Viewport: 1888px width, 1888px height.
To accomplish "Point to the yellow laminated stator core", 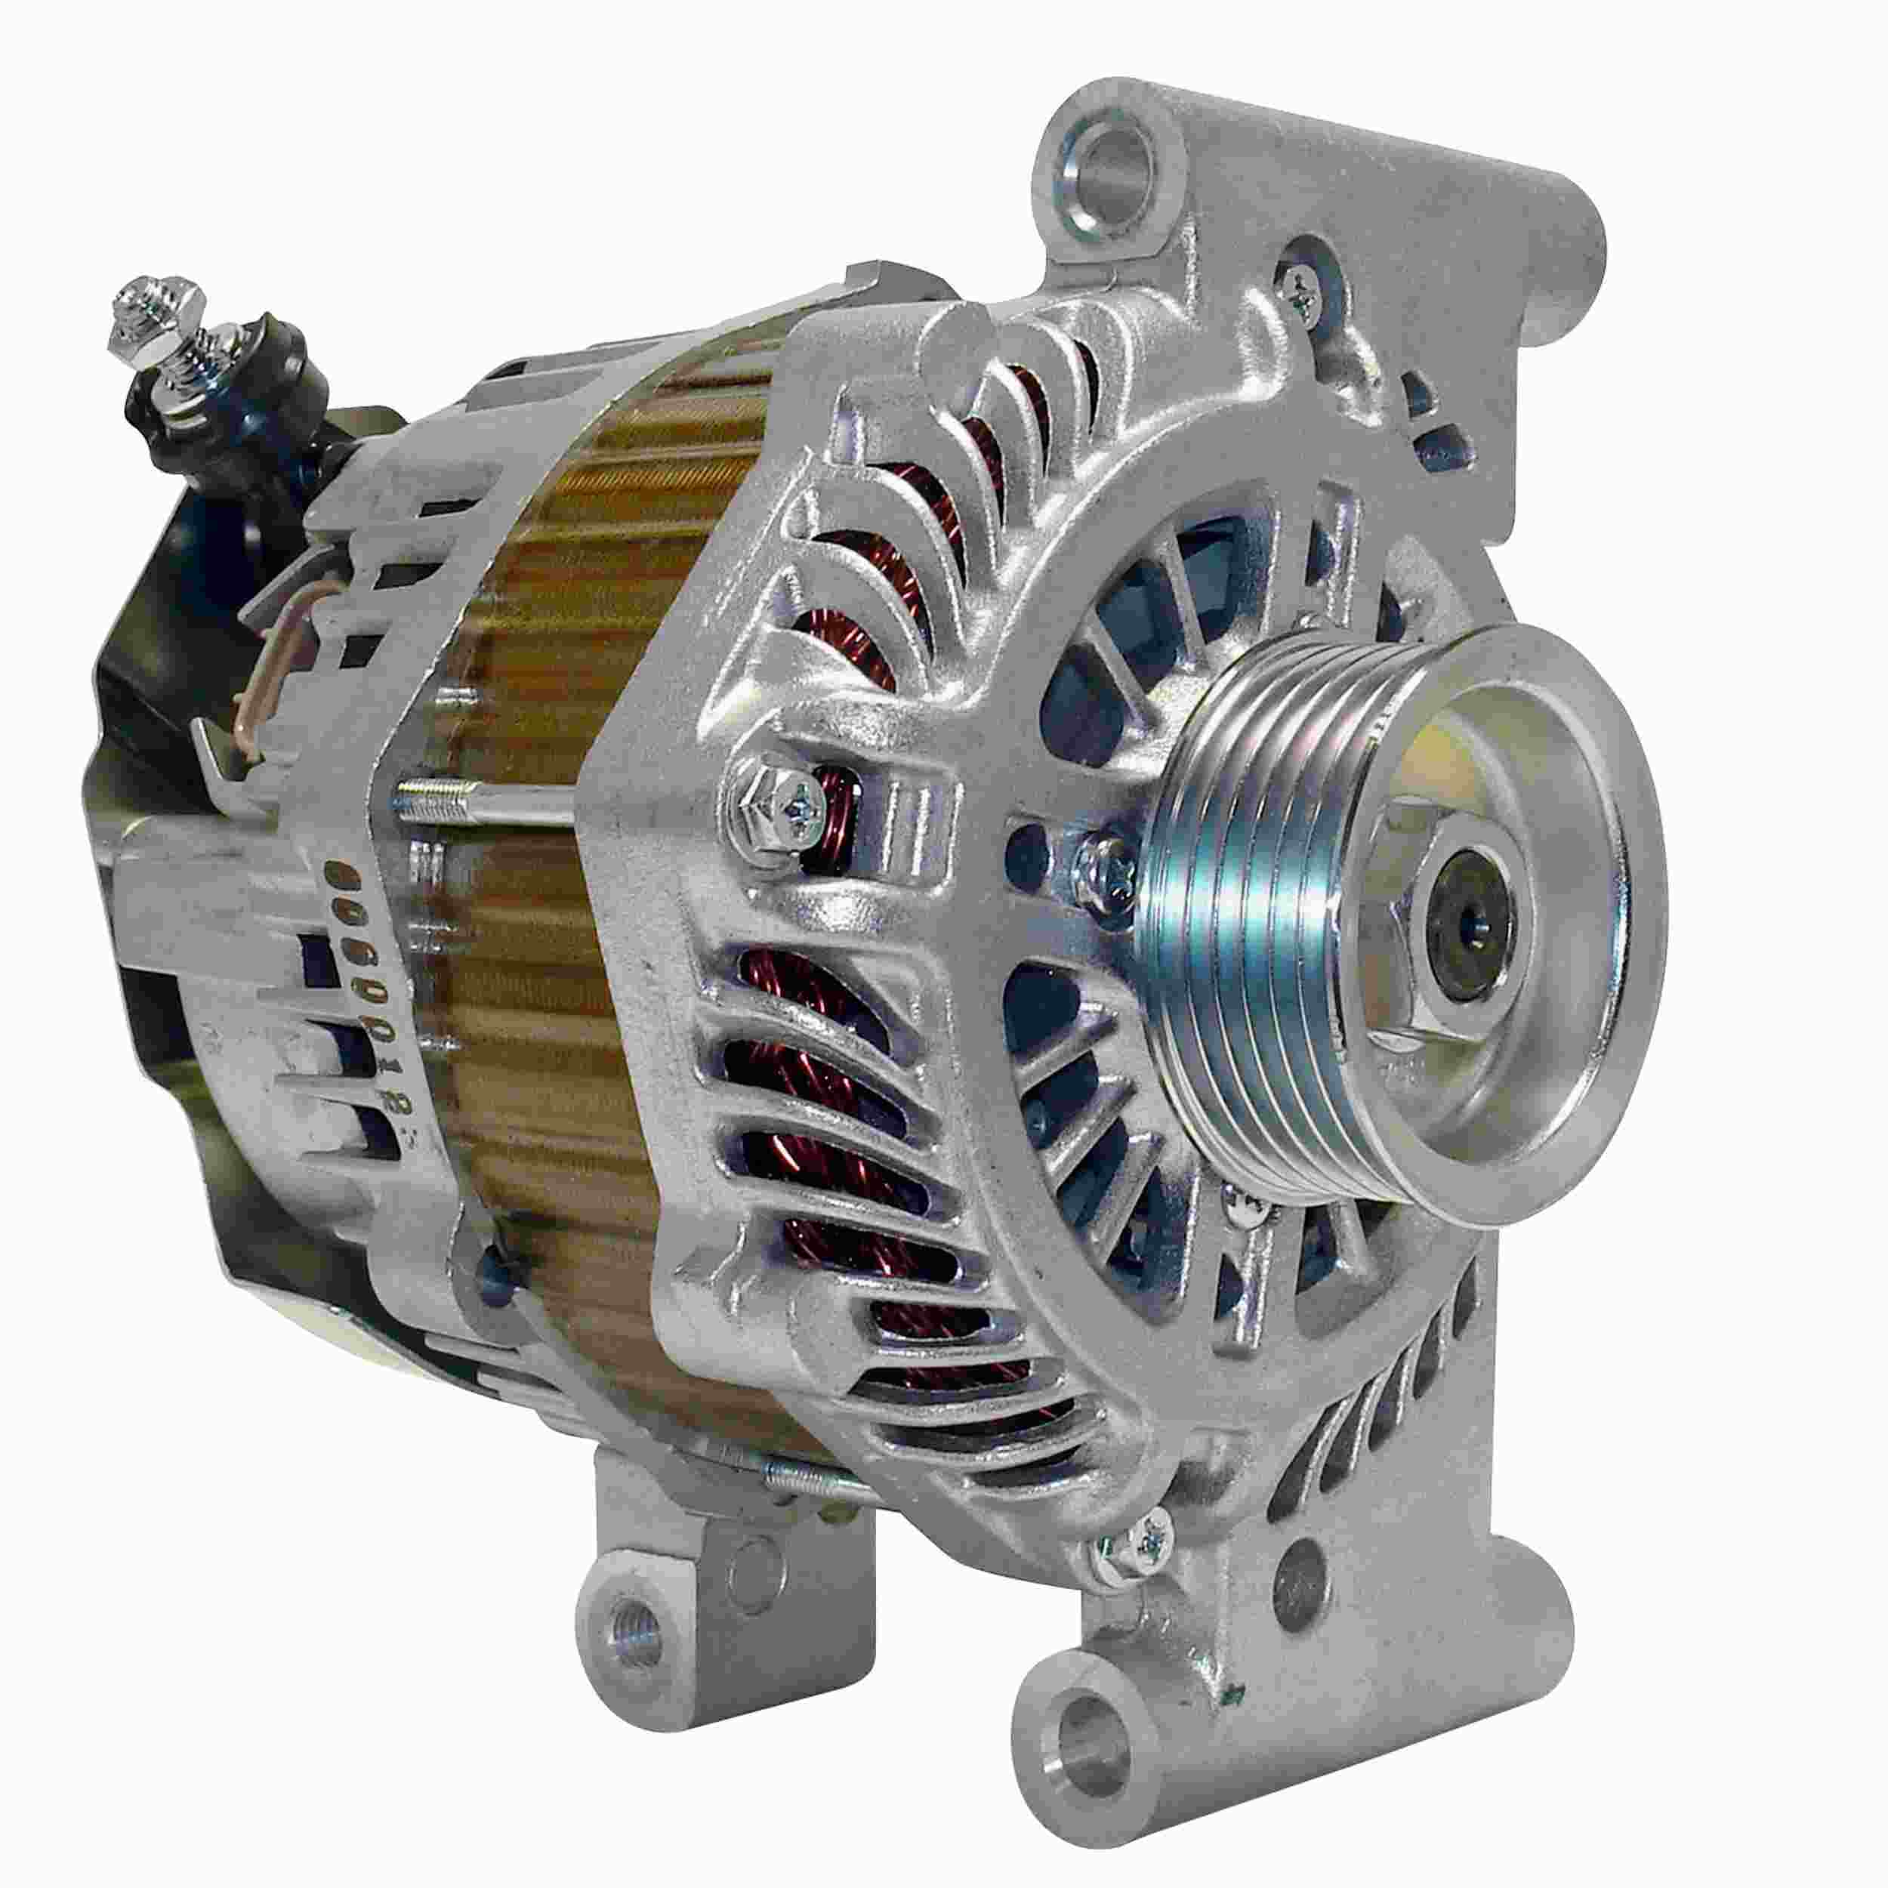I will click(x=548, y=977).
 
